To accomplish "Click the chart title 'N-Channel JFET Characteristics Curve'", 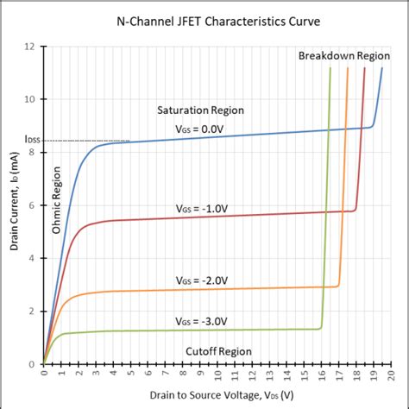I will [204, 19].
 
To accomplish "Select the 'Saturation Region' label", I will [200, 110].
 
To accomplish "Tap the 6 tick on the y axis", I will [33, 205].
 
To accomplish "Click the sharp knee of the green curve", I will [321, 328].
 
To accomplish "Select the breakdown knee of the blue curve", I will [372, 126].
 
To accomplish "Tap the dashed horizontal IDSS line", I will [86, 141].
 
